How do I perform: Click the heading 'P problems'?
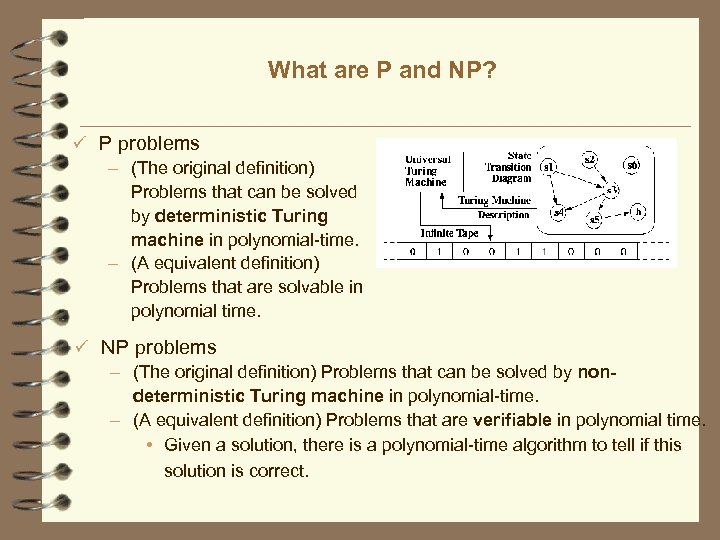149,144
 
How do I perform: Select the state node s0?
633,164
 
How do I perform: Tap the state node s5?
595,219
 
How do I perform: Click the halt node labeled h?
639,212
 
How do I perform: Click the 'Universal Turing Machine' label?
428,170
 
